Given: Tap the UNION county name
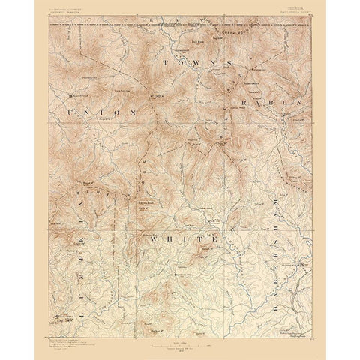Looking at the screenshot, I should click(101, 112).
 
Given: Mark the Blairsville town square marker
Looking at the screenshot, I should click(72, 95).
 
